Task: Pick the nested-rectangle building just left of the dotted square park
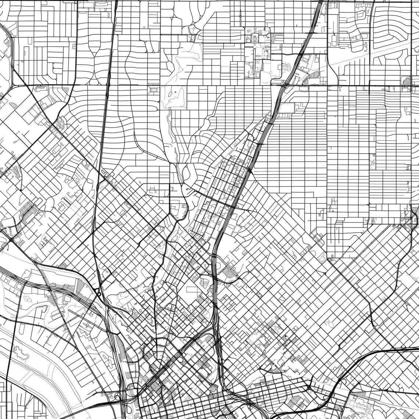tap(153, 90)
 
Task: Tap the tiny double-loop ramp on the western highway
tap(98, 292)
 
